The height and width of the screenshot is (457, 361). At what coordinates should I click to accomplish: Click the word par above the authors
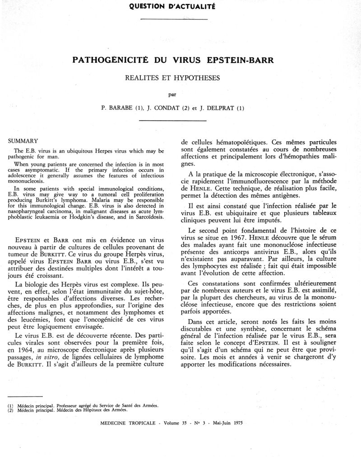[x=172, y=94]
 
